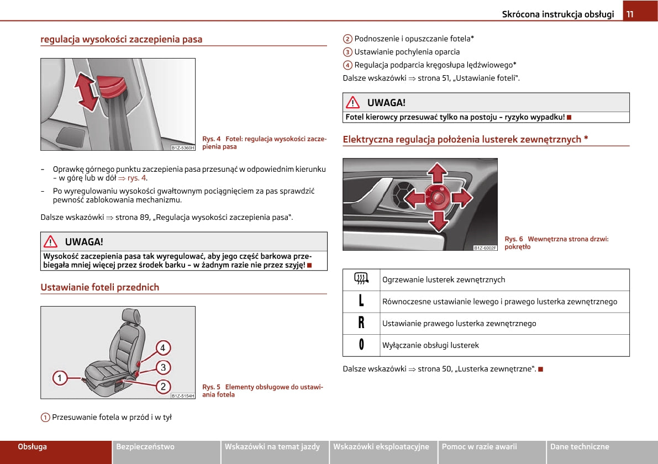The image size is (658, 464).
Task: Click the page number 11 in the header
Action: [630, 14]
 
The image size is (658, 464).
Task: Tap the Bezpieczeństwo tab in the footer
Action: [145, 447]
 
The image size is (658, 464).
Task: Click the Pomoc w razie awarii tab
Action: [479, 447]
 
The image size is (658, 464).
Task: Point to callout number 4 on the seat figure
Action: [163, 348]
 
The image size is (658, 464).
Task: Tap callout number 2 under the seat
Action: [163, 386]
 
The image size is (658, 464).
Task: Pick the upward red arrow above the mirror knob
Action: [438, 173]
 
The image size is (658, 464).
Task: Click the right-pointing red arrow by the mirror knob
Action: [462, 197]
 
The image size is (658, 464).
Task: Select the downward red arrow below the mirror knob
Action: [438, 221]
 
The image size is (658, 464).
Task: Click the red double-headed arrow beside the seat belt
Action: [87, 92]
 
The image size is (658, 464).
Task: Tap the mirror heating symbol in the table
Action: [361, 280]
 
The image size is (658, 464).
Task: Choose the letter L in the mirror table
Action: [361, 301]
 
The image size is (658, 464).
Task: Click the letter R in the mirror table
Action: [361, 323]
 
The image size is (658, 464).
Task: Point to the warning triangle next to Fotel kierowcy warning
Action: [352, 102]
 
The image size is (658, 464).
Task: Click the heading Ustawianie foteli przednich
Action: [99, 287]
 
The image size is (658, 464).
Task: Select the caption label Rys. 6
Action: [514, 239]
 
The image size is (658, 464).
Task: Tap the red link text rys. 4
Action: [136, 178]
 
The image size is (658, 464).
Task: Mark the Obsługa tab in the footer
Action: [33, 447]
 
